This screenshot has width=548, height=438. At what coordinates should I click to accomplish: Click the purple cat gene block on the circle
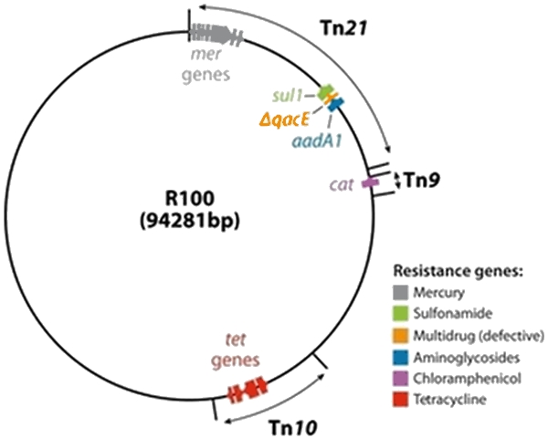pyautogui.click(x=370, y=184)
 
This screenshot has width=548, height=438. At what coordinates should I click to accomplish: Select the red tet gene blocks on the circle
pyautogui.click(x=248, y=390)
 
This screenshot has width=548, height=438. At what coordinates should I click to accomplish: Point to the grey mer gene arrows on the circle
pyautogui.click(x=216, y=33)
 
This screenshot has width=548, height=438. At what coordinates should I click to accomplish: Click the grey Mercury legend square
pyautogui.click(x=401, y=293)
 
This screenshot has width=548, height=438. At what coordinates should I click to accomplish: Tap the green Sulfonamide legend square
pyautogui.click(x=401, y=313)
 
